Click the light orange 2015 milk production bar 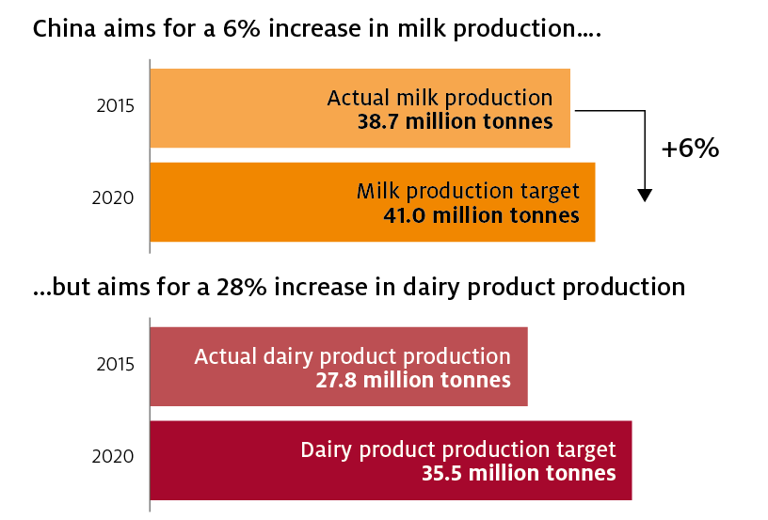click(360, 108)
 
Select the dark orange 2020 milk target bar click(373, 202)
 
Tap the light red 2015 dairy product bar click(339, 367)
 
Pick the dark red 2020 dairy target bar click(391, 461)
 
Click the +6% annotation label click(690, 148)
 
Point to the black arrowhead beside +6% click(645, 196)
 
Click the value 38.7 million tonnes click(455, 121)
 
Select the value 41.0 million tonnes click(481, 215)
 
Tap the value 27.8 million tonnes click(413, 380)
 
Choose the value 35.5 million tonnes click(519, 473)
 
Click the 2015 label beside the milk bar click(115, 106)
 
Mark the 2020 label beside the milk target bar click(113, 198)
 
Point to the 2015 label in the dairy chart click(115, 365)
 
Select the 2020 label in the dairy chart click(113, 456)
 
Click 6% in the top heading click(242, 28)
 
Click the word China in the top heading click(64, 28)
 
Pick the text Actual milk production click(440, 98)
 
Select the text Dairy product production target click(458, 450)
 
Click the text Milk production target click(468, 191)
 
